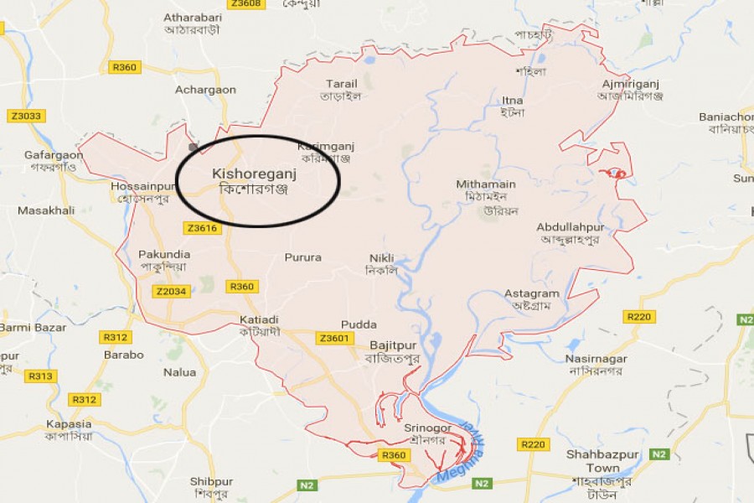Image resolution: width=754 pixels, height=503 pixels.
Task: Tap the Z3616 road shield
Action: click(202, 228)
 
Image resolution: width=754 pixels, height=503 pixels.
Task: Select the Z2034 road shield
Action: click(171, 292)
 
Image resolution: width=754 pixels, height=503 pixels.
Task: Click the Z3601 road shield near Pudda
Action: click(334, 339)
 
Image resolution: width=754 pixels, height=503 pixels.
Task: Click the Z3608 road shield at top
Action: click(246, 4)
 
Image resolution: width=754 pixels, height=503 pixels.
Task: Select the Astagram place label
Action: click(531, 294)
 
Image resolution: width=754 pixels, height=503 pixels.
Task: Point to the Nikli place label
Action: click(381, 258)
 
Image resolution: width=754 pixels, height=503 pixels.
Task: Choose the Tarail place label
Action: click(341, 84)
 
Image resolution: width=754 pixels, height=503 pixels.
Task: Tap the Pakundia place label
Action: click(163, 254)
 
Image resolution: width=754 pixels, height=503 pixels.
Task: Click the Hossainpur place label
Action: click(140, 186)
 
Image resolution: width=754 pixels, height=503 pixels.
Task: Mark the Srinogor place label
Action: click(428, 428)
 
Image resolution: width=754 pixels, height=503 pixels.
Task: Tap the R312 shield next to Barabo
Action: click(115, 337)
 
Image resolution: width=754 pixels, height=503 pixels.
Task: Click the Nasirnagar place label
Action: click(597, 359)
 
